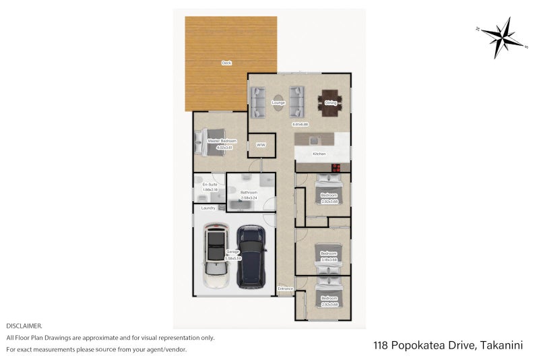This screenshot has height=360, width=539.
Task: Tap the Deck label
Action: pyautogui.click(x=227, y=63)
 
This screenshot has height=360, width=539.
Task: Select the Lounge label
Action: pyautogui.click(x=278, y=102)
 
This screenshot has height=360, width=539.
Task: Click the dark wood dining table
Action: pyautogui.click(x=330, y=102)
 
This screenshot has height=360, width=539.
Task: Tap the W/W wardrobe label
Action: pyautogui.click(x=261, y=144)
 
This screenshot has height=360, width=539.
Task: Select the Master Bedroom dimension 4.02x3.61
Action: pyautogui.click(x=220, y=146)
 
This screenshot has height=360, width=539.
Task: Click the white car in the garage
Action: pyautogui.click(x=217, y=258)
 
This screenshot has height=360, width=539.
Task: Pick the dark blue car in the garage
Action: pyautogui.click(x=252, y=256)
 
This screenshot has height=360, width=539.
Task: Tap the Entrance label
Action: pyautogui.click(x=286, y=289)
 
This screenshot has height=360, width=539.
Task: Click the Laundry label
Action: pyautogui.click(x=208, y=208)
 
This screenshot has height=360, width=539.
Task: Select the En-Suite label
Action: pyautogui.click(x=210, y=184)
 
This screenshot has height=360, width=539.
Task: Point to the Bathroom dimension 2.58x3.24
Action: pyautogui.click(x=249, y=198)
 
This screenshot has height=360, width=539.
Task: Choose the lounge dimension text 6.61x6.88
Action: pyautogui.click(x=300, y=124)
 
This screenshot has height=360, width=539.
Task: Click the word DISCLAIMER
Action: pyautogui.click(x=24, y=326)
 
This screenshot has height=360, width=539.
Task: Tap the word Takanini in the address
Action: pyautogui.click(x=503, y=345)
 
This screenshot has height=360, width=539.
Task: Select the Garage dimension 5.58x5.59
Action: pyautogui.click(x=232, y=258)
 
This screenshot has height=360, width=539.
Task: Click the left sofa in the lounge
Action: pyautogui.click(x=259, y=102)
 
